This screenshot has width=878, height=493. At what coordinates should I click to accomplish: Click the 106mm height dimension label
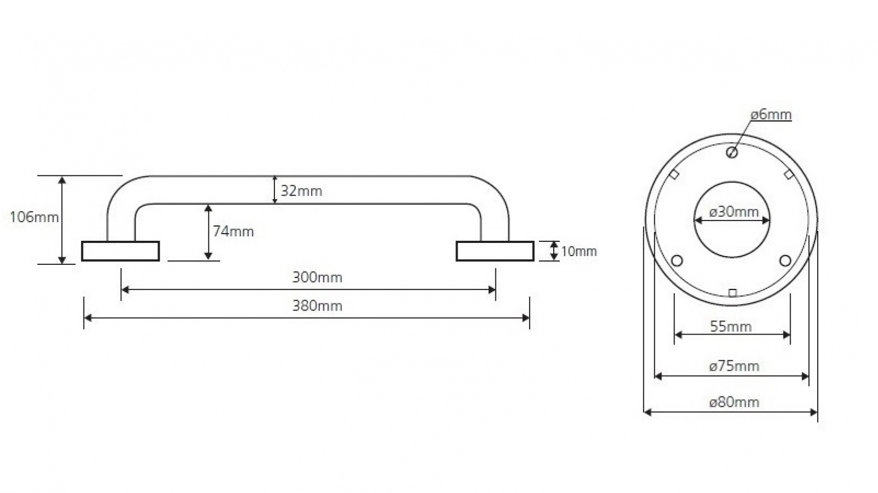coord(34,217)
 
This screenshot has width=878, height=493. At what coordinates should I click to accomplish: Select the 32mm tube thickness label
coord(301,191)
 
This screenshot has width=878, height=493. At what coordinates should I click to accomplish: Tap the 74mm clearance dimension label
coord(233,231)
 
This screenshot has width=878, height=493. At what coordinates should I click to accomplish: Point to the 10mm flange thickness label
coord(579,252)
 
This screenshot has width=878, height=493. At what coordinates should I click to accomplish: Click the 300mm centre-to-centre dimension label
coord(317,277)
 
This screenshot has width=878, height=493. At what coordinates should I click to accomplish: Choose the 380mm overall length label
coord(317,305)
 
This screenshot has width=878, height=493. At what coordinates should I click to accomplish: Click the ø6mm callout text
coord(771,115)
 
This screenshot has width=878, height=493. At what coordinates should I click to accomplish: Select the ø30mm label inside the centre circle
coord(734,212)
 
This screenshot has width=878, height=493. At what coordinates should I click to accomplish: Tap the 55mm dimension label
coord(731,327)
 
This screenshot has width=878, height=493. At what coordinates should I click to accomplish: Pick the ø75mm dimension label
coord(734,366)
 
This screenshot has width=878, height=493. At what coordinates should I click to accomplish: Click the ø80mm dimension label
coord(734,402)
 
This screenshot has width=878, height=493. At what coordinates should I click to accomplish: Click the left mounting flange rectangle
coord(121,251)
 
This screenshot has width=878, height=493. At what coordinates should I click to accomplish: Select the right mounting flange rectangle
coord(495,251)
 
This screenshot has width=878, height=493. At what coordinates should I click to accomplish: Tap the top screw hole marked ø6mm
coord(731,152)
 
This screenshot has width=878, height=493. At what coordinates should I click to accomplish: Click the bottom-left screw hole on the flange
coord(677,260)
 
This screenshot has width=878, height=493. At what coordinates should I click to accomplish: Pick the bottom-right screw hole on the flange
coord(785,260)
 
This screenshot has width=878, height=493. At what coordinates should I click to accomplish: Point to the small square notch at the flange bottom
coord(732,293)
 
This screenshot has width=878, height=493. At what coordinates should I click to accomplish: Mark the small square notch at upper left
coord(674,175)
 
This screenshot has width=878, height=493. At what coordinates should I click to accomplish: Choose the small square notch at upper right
coord(789,175)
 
